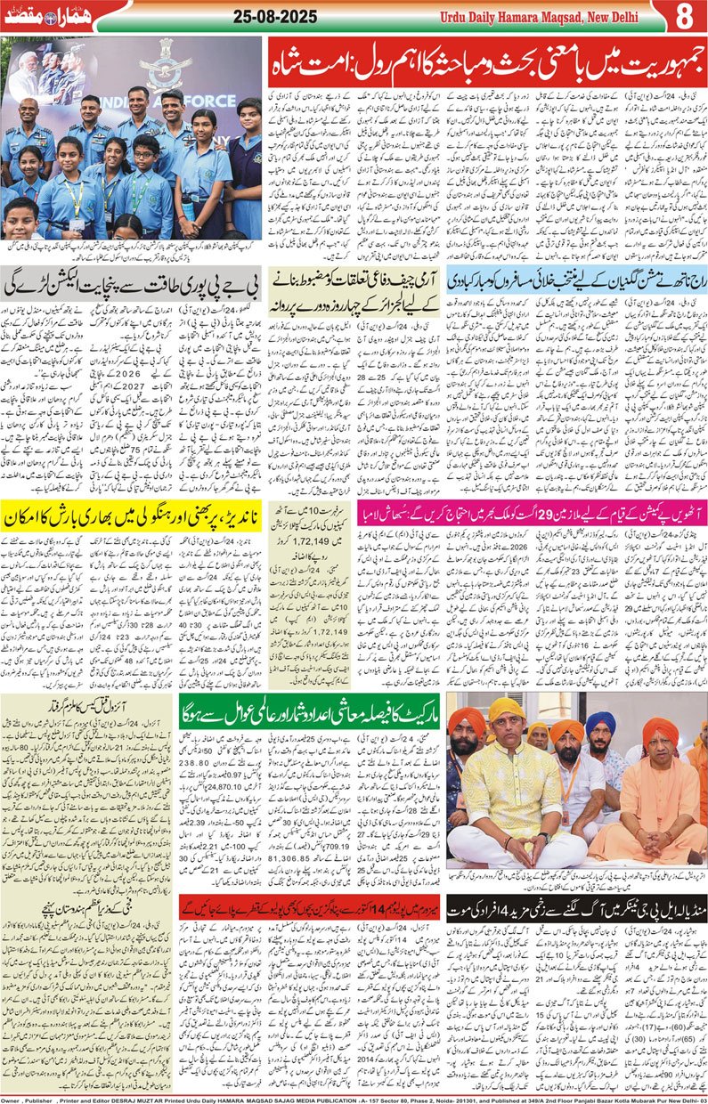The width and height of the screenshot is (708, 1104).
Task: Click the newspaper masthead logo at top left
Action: pyautogui.click(x=46, y=16)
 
